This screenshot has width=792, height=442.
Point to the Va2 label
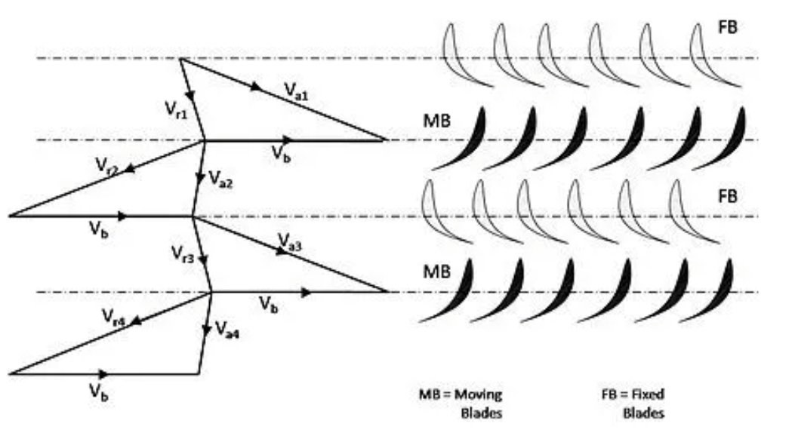click(221, 180)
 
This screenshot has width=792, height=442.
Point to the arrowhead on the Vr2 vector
click(131, 169)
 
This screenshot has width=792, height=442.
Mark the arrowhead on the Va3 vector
click(282, 251)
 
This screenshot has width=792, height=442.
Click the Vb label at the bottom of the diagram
click(96, 391)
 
